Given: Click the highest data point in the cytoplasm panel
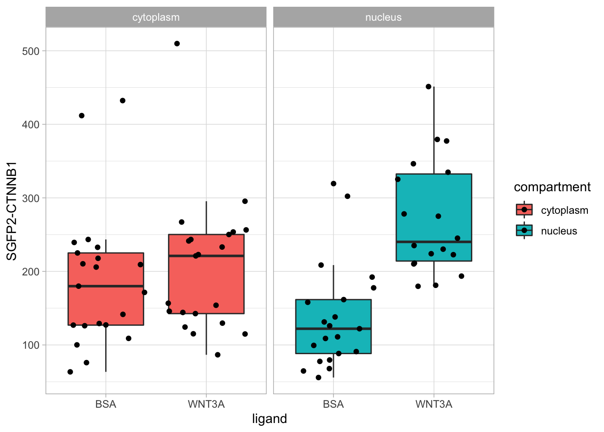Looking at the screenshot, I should (x=177, y=44).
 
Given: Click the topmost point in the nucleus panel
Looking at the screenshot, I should (x=428, y=86).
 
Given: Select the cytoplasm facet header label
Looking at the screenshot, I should (x=156, y=18).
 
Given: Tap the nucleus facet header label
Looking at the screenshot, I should (x=383, y=18).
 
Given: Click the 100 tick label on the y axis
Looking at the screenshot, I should (x=31, y=345).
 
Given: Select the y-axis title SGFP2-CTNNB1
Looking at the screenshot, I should (x=12, y=211).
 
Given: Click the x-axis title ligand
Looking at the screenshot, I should (x=269, y=419).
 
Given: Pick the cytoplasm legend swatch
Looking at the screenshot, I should (x=524, y=210).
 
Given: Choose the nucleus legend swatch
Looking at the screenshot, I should (x=524, y=230).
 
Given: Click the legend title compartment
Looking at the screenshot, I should (x=552, y=187).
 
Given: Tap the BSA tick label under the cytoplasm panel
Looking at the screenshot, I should (x=106, y=404).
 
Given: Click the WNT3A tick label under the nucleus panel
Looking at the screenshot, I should (x=434, y=404).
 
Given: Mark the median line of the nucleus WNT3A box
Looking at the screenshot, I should (x=434, y=242).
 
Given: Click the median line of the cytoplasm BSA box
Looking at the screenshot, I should (x=106, y=286).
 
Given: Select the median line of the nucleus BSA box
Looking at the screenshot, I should (x=333, y=329).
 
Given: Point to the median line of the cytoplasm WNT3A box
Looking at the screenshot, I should (x=206, y=256).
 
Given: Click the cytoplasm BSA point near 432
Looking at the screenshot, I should (x=123, y=100).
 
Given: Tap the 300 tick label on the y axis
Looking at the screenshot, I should (x=31, y=198).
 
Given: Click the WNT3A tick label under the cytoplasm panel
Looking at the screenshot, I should (x=206, y=404).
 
